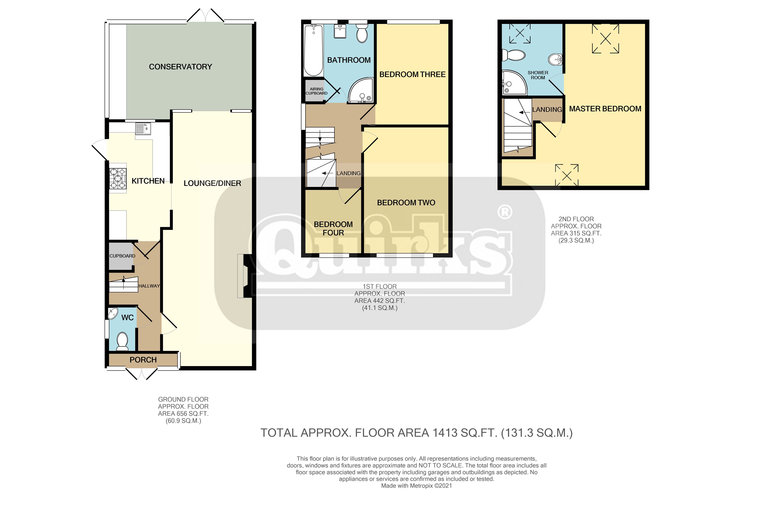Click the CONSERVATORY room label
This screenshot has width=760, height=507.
point(180,67)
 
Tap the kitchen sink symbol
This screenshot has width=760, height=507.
point(143,129)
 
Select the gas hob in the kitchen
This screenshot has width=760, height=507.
point(118,178)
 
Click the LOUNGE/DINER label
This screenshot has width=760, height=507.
point(212,183)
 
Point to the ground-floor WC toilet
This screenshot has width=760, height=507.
point(122,342)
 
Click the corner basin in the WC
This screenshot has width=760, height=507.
point(113,313)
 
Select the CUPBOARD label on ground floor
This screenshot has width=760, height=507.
point(122,256)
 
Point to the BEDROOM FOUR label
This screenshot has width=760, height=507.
point(333,229)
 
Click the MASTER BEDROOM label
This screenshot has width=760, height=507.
point(605,109)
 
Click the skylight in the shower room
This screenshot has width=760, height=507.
point(520,33)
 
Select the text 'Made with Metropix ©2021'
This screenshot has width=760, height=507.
point(416,486)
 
